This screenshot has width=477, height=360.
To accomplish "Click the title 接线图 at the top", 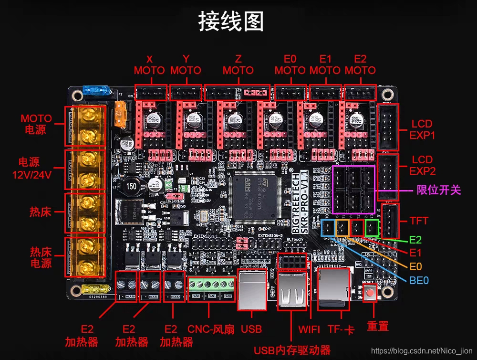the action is click(230, 21).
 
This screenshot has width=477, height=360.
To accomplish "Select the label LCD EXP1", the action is click(422, 129).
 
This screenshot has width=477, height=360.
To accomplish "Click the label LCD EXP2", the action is click(422, 165).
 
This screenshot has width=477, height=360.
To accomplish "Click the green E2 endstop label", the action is click(415, 240).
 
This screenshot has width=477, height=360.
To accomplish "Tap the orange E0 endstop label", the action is click(415, 266).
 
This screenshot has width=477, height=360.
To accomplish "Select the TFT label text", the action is click(419, 221).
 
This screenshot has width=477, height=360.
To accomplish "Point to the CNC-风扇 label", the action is click(211, 329).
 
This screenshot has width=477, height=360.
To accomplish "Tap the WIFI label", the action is click(310, 329).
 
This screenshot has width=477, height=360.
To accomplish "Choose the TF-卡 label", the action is click(342, 329).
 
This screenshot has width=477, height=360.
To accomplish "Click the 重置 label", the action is click(377, 327).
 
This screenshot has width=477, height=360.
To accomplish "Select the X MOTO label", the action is click(149, 65).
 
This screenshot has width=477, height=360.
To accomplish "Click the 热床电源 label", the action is click(41, 257).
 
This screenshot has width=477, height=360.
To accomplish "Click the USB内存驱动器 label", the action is click(292, 350).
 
